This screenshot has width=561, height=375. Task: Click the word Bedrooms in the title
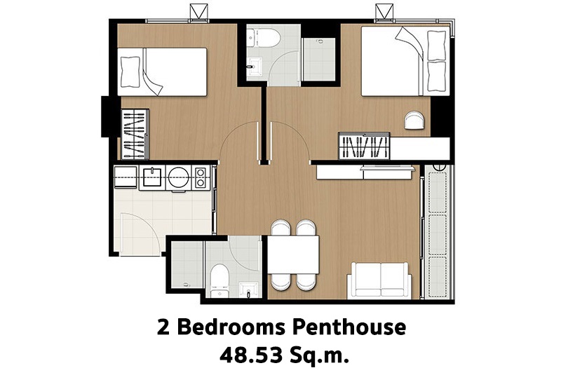231,327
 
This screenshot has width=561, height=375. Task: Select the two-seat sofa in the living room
379,280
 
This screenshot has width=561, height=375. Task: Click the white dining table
293,254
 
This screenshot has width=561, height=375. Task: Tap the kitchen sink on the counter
152,177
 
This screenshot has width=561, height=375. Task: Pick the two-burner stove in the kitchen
201,177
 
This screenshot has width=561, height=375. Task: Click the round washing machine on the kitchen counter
179,177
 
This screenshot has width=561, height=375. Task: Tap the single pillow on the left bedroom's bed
130,72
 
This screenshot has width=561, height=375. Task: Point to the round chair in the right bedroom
414,120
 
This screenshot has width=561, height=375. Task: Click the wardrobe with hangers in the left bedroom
135,134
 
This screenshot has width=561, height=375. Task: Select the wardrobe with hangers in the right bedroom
364,146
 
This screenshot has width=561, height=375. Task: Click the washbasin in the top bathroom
255,67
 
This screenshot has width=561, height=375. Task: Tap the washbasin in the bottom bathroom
248,289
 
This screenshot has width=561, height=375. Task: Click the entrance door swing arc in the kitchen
150,224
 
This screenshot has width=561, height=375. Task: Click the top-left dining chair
280,227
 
